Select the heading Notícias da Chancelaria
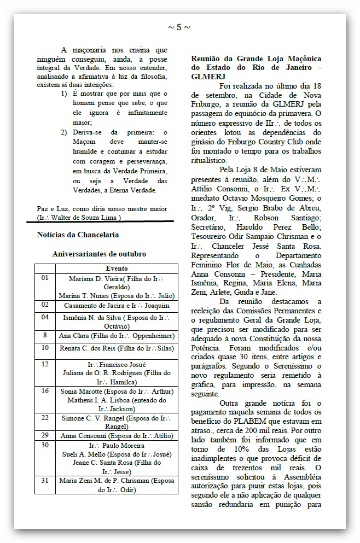[78, 235]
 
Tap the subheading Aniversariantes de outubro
[99, 254]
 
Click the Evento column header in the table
[116, 268]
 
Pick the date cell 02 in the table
[45, 304]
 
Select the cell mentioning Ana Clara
[117, 335]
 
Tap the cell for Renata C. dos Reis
[117, 348]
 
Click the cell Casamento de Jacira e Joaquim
[117, 305]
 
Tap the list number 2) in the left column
[64, 133]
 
